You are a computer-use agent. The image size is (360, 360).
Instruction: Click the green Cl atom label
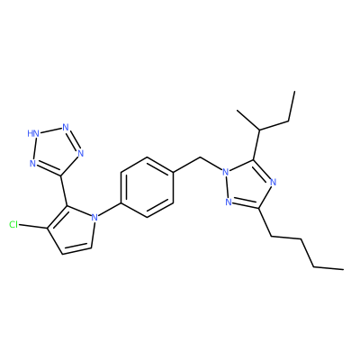[x=13, y=225]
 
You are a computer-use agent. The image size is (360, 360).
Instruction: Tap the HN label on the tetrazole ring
[x=33, y=133]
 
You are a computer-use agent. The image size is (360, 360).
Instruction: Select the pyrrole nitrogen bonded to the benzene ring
[x=94, y=217]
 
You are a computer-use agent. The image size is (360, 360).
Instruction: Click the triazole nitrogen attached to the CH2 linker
[x=225, y=172]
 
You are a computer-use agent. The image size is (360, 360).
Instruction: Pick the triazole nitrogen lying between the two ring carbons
[x=273, y=182]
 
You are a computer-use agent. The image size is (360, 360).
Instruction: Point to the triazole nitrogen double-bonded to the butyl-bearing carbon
[x=229, y=202]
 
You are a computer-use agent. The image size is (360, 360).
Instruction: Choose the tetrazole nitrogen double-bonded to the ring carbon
[x=33, y=164]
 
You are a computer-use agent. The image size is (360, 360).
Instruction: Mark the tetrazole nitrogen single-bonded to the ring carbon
[x=80, y=153]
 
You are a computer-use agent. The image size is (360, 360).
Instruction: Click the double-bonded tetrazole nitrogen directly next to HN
[x=66, y=127]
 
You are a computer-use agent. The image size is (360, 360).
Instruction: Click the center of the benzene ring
[x=147, y=186]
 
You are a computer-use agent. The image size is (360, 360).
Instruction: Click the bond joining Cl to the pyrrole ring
[x=33, y=227]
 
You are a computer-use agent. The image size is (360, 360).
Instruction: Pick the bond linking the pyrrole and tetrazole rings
[x=64, y=191]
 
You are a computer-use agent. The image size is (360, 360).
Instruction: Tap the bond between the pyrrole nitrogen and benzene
[x=109, y=210]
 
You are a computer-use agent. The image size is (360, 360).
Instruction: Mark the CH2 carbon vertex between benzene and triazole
[x=200, y=157]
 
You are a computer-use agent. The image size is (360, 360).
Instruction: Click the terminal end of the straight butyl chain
[x=343, y=269]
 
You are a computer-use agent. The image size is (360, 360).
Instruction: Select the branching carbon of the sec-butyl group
[x=260, y=130]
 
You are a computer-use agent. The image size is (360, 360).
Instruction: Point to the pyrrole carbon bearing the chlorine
[x=47, y=229]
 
